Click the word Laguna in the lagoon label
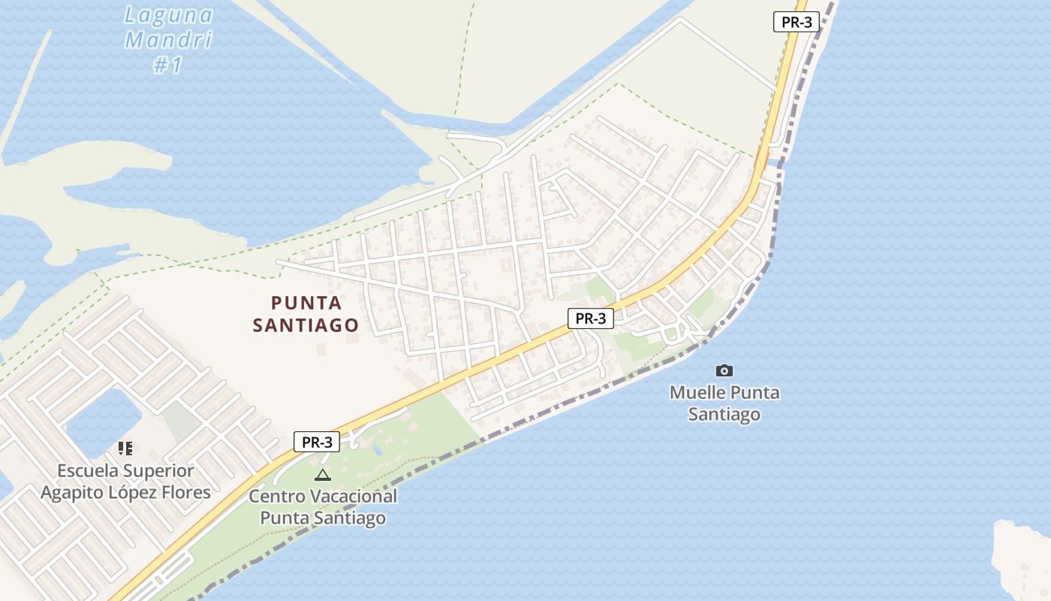[169, 15]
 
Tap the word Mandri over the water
[169, 40]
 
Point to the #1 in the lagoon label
[168, 65]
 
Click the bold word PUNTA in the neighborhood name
[306, 303]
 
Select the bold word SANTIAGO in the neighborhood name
[306, 325]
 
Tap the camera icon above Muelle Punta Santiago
[724, 370]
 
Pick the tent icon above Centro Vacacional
[322, 475]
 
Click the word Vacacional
[351, 496]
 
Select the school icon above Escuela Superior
[125, 448]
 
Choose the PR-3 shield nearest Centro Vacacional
[316, 442]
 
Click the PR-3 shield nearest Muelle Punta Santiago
[590, 319]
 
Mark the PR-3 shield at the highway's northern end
[797, 22]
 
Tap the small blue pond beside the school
[104, 421]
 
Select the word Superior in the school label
[160, 471]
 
